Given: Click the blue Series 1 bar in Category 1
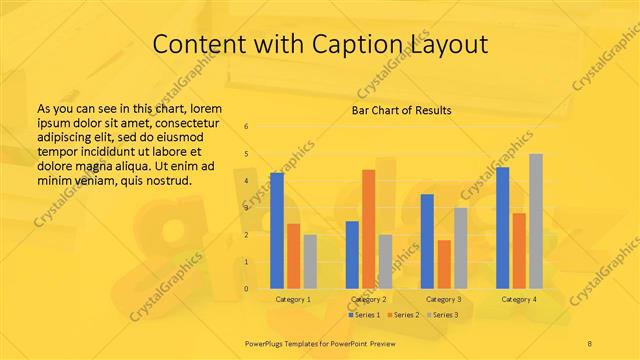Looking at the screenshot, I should click(277, 231).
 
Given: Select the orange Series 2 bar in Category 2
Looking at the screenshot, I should click(368, 229).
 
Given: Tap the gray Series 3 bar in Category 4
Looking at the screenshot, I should click(535, 221).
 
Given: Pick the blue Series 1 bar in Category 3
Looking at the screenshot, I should click(427, 241).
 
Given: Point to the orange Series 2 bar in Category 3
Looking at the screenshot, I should click(443, 264).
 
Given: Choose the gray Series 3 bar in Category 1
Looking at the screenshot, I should click(310, 262).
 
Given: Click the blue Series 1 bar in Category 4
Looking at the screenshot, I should click(502, 228).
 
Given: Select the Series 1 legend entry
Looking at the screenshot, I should click(364, 315).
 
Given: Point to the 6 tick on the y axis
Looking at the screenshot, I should click(246, 126).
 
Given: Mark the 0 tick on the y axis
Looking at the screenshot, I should click(246, 289).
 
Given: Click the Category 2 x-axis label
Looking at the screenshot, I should click(369, 299).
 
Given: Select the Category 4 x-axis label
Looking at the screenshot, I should click(519, 299).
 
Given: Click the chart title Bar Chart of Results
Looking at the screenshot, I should click(401, 110).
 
